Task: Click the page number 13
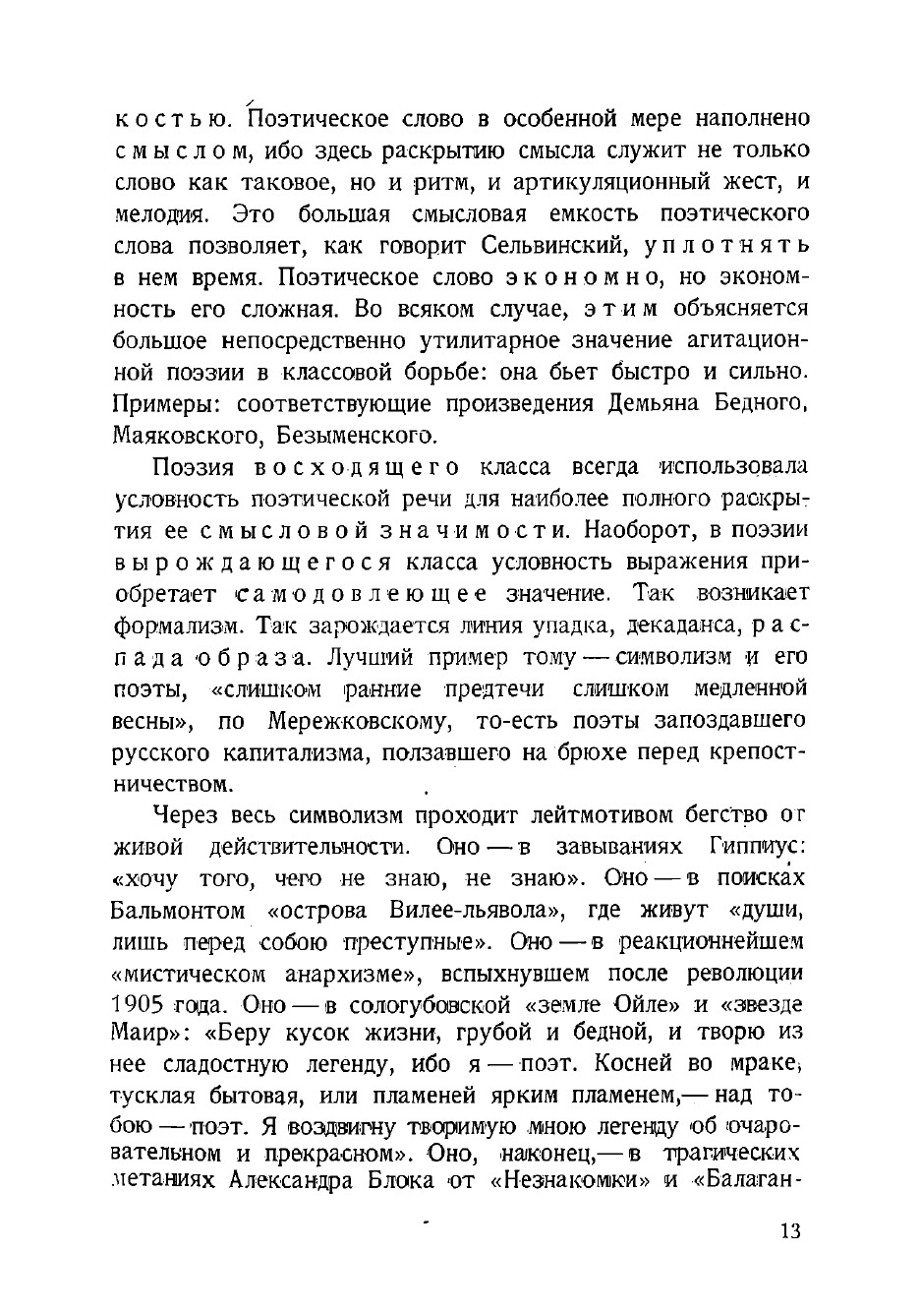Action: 789,1232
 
